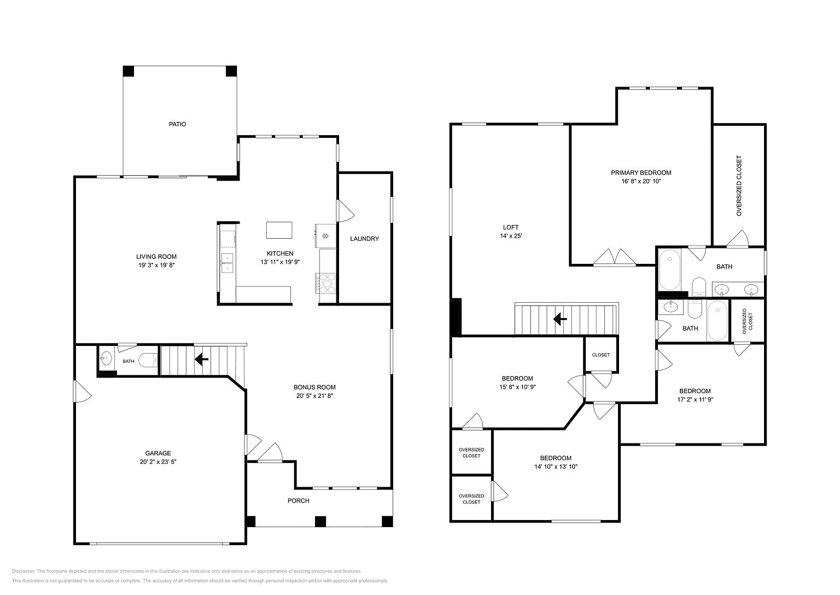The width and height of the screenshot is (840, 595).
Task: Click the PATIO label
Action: (177, 124)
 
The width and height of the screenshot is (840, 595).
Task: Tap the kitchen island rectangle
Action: (279, 230)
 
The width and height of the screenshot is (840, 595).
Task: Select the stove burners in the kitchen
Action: (326, 284)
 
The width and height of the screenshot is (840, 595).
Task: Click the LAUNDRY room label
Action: (365, 239)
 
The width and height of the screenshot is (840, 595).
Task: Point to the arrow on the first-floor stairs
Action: (201, 360)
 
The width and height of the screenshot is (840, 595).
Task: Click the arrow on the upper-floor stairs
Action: (560, 320)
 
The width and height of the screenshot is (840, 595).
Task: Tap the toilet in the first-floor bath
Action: (148, 361)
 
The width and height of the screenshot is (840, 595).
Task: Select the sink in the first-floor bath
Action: (106, 358)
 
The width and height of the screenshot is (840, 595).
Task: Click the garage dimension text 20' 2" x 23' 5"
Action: (158, 462)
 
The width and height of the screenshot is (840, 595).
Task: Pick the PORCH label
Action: (299, 501)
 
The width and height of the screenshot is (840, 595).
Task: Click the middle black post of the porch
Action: (320, 522)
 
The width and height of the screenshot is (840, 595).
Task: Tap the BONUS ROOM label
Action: (314, 387)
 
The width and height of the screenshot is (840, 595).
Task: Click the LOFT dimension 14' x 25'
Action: (511, 236)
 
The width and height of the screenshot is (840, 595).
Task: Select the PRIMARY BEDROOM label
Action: (641, 172)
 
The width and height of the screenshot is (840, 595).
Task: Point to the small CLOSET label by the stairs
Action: (601, 355)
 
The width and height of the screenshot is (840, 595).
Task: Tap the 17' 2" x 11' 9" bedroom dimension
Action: (695, 400)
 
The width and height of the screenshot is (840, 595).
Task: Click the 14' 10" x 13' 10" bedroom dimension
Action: (556, 466)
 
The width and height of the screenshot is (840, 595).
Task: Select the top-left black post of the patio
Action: (129, 71)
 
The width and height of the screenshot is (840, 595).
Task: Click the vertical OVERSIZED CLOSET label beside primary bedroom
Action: (739, 186)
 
